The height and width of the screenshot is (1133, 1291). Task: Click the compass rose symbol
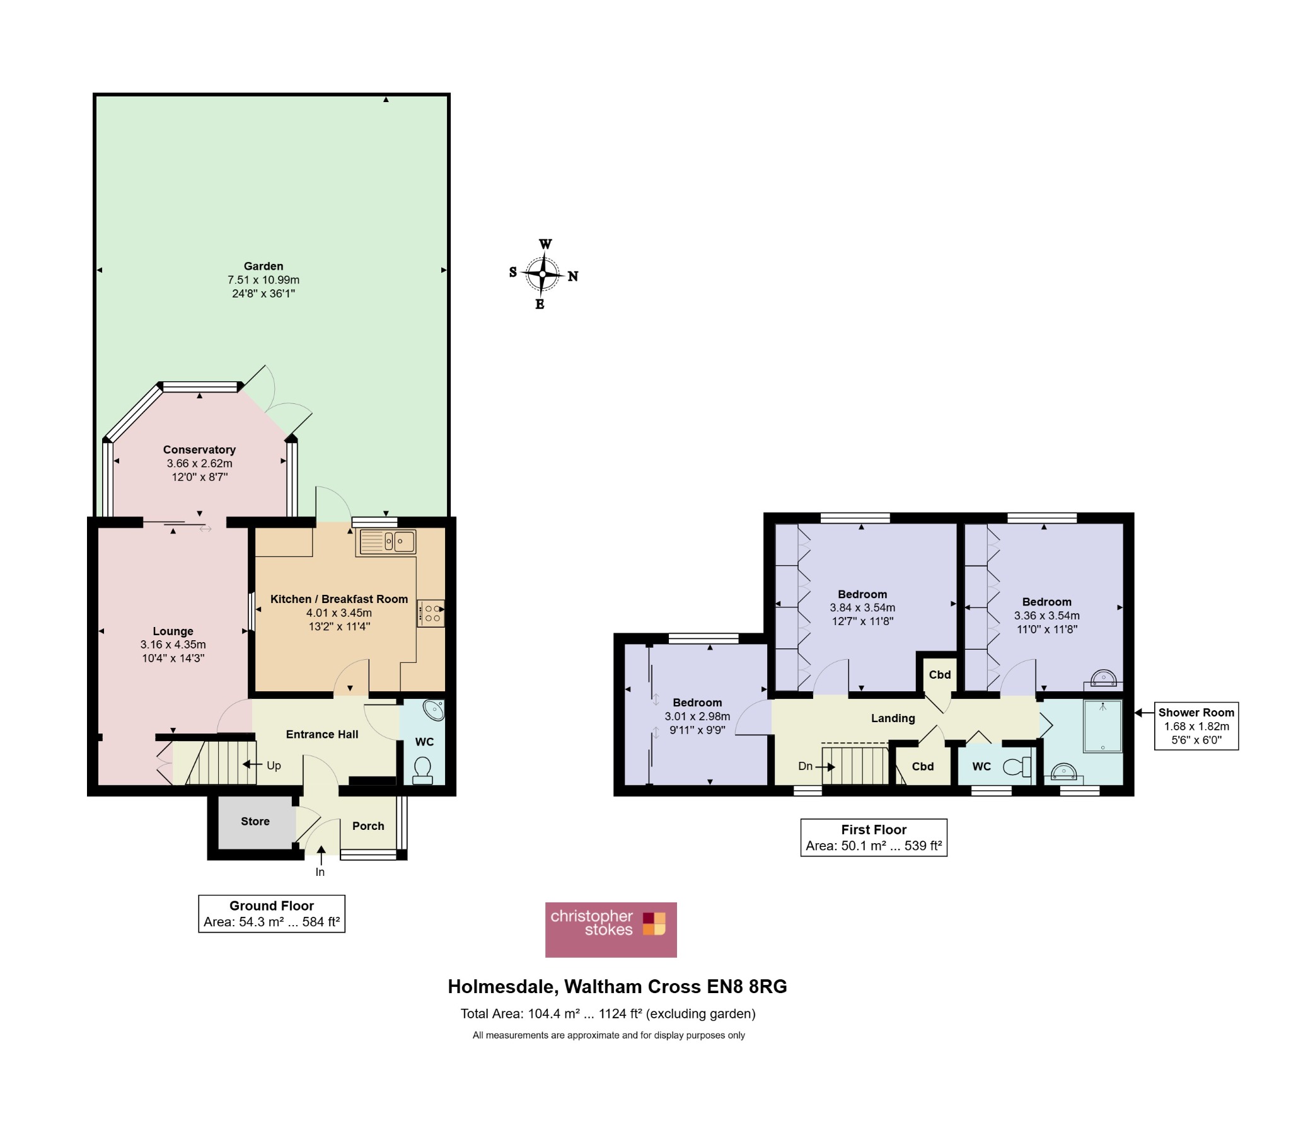543,274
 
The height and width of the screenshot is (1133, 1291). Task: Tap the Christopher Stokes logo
611,929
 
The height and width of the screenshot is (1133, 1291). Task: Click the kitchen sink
386,541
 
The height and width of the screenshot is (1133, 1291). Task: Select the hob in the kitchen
431,613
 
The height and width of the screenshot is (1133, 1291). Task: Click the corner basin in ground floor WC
434,710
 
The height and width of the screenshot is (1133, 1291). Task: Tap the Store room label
255,821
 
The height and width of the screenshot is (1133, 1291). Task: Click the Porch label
368,825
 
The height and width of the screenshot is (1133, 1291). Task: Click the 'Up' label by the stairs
274,766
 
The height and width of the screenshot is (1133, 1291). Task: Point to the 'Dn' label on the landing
805,766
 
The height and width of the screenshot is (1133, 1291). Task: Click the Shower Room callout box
1196,726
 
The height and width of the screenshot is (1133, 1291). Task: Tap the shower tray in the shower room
1103,726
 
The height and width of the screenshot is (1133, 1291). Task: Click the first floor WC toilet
1017,767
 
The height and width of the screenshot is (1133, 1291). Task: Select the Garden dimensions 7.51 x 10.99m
263,280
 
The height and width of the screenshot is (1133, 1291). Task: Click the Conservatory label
200,450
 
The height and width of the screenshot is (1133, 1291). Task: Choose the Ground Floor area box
272,914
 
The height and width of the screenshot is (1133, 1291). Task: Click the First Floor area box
874,837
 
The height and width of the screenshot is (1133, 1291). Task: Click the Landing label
893,718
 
